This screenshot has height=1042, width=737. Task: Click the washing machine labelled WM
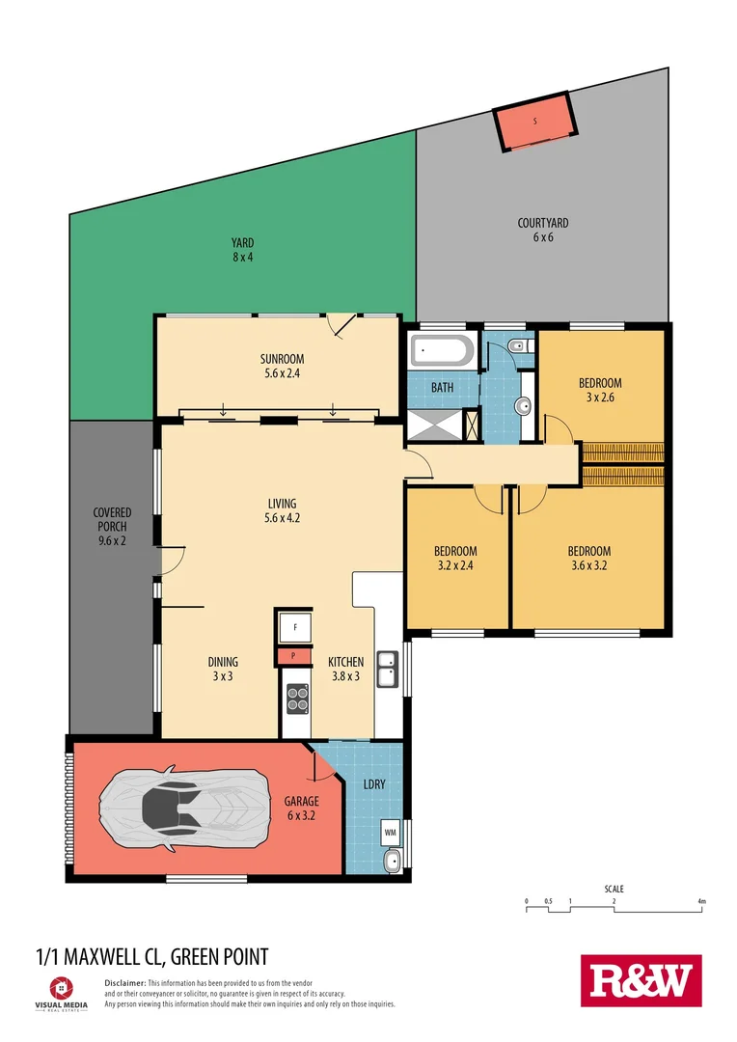[391, 831]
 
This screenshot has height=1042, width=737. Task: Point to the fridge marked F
[295, 627]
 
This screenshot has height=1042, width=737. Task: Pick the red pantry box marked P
[295, 657]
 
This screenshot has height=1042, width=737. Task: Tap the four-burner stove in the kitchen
[297, 698]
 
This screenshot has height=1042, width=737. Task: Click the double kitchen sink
[388, 668]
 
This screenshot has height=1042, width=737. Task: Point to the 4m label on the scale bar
[702, 902]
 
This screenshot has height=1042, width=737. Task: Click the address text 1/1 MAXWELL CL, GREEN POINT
[151, 956]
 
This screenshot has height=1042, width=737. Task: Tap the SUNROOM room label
[282, 358]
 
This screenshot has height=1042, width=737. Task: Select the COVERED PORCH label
[112, 520]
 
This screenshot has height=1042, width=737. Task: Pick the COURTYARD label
[543, 223]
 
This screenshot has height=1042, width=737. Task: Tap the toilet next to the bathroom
[518, 345]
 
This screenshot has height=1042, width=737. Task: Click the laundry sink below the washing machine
[392, 862]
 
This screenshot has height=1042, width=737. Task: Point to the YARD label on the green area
[241, 243]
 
